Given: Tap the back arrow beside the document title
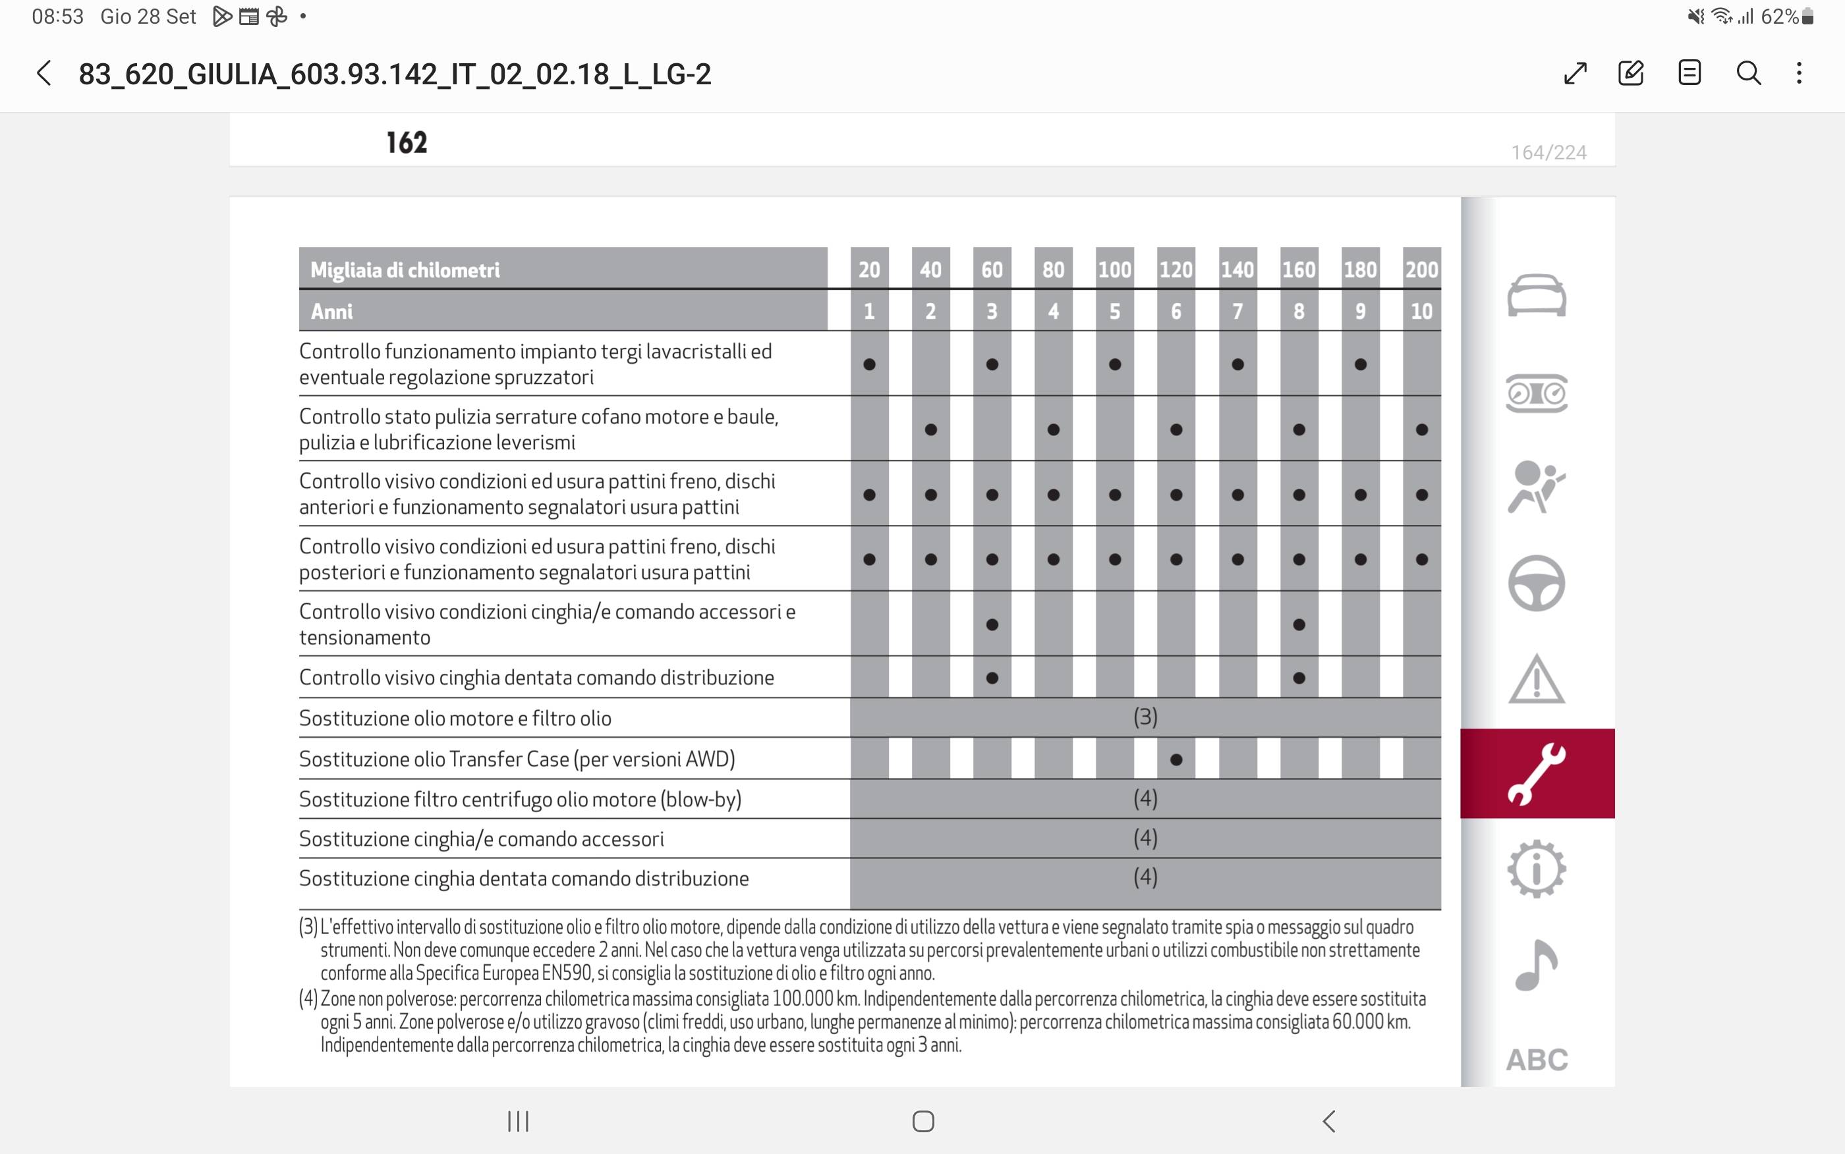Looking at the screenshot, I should click(44, 74).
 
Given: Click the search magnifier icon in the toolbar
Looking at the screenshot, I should click(1748, 73).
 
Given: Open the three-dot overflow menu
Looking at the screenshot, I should click(1799, 73).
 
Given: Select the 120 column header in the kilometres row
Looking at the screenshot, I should click(1176, 269).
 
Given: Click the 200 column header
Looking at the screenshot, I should click(1421, 269).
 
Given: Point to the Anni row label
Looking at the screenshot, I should click(332, 312).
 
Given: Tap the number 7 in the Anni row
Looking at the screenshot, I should click(1237, 312).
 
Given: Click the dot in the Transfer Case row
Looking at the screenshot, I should click(1176, 759).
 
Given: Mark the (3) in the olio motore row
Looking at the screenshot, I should click(1145, 717).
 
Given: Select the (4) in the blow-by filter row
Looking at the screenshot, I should click(1145, 799).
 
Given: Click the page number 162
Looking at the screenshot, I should click(407, 143).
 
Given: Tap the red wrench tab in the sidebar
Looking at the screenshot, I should click(1537, 773).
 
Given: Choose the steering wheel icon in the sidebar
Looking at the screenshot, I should click(1537, 583).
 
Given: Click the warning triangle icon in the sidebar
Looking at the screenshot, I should click(1537, 678).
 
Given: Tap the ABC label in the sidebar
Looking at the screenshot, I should click(1537, 1059).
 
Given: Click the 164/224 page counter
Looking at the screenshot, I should click(1549, 153).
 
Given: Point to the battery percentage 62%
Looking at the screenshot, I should click(1779, 16).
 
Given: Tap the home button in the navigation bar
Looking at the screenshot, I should click(923, 1121).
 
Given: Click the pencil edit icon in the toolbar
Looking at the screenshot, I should click(1630, 73).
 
